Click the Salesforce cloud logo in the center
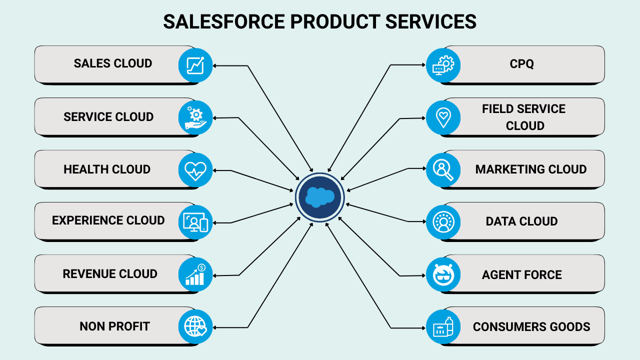[x=319, y=197]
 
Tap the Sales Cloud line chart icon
[x=195, y=65]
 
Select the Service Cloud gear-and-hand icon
[x=195, y=118]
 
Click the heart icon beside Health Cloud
[x=195, y=170]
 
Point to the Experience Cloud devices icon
[x=195, y=222]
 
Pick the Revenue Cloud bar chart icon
[x=195, y=274]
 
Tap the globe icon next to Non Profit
[x=195, y=326]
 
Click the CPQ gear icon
[x=443, y=65]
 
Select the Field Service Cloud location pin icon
[x=443, y=118]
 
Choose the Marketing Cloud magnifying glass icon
[x=443, y=170]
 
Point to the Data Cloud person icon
[x=443, y=222]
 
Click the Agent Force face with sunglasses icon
[x=443, y=274]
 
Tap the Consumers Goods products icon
[x=443, y=326]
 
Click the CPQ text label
[x=521, y=64]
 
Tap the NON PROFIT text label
[x=114, y=326]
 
